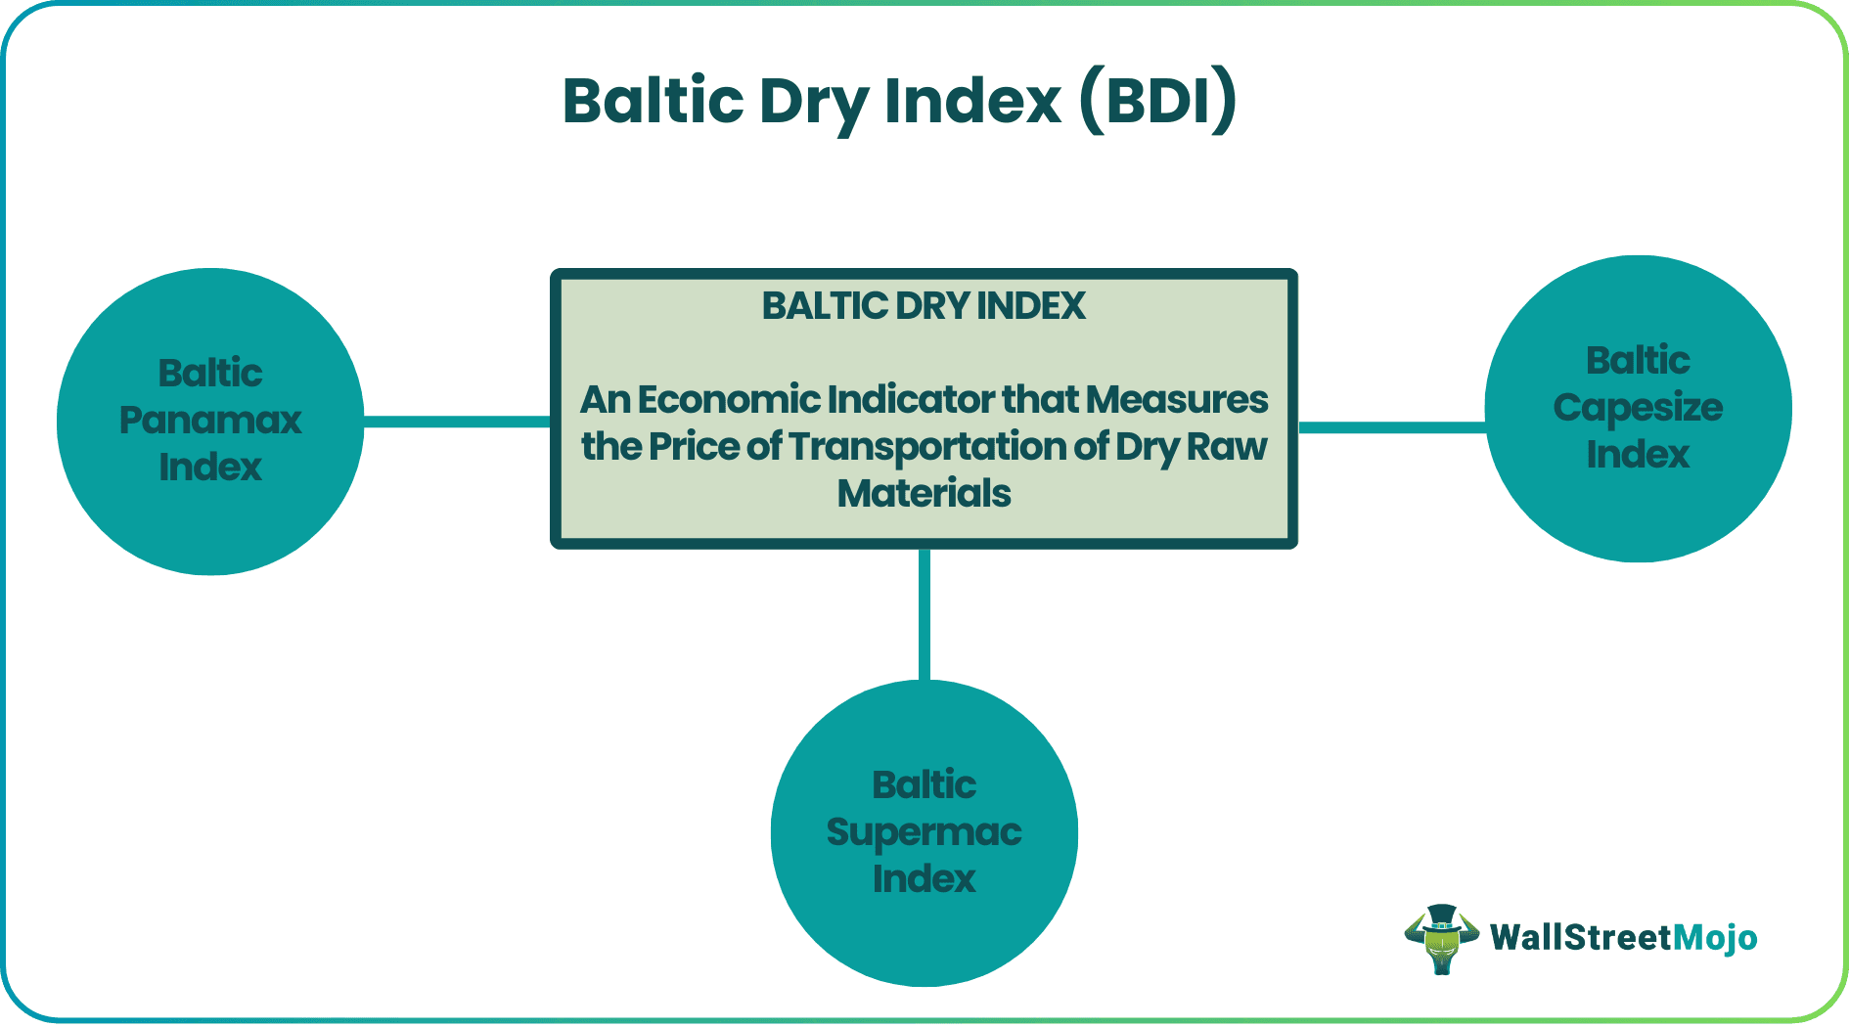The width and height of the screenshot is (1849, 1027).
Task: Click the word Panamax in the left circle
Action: point(210,421)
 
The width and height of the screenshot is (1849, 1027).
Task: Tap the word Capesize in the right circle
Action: point(1638,407)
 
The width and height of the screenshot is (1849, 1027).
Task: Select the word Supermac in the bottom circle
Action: point(924,831)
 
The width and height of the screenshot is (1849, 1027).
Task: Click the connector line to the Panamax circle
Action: point(457,422)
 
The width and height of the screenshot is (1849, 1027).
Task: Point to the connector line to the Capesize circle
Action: point(1391,427)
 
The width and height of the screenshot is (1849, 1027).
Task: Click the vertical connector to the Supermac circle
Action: point(924,613)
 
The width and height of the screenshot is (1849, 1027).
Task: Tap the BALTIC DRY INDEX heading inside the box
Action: point(924,306)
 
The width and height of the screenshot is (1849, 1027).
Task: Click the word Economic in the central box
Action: point(729,399)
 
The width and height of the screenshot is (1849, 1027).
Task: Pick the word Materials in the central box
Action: point(924,493)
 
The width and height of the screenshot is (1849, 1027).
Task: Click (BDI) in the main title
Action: point(1158,101)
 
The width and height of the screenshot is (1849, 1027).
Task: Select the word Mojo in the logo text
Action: point(1715,938)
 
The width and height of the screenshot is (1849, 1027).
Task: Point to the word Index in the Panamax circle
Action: point(210,468)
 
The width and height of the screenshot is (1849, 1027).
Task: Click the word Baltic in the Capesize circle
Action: point(1638,361)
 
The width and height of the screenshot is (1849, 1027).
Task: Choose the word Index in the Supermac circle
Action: point(924,878)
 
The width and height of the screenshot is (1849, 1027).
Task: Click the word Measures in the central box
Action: point(1176,399)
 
